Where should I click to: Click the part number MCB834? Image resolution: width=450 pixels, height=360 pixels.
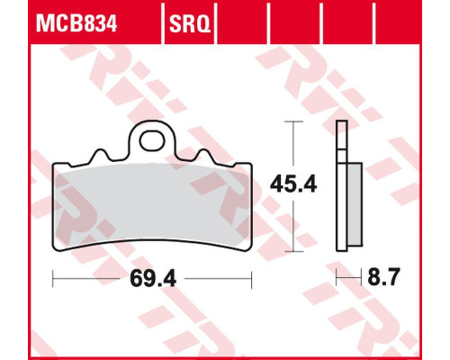(x=76, y=24)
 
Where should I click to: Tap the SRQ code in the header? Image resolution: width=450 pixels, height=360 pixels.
(x=190, y=24)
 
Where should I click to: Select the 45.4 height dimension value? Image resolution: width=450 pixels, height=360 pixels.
(x=293, y=184)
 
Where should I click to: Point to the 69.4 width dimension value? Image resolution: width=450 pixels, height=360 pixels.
(x=153, y=279)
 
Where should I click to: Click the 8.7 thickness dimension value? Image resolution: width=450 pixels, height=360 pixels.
(x=383, y=277)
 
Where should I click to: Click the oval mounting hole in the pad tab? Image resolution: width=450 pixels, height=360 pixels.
(x=152, y=140)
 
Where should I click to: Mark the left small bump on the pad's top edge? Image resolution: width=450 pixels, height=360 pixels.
(x=99, y=156)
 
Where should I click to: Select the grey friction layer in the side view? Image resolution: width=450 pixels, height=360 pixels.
(x=355, y=204)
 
